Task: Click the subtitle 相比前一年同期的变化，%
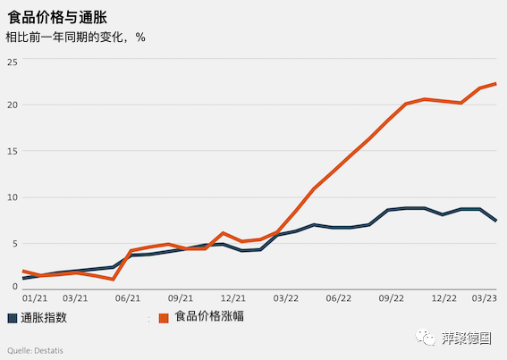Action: (75, 38)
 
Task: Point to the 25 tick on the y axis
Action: (13, 61)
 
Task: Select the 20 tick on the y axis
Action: (13, 105)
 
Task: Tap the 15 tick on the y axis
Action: (13, 152)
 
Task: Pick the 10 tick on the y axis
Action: (13, 197)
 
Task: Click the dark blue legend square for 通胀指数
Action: (12, 317)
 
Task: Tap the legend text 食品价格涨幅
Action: (209, 316)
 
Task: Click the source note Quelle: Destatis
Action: (32, 350)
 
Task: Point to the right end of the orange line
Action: (496, 84)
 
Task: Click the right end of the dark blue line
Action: (496, 221)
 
